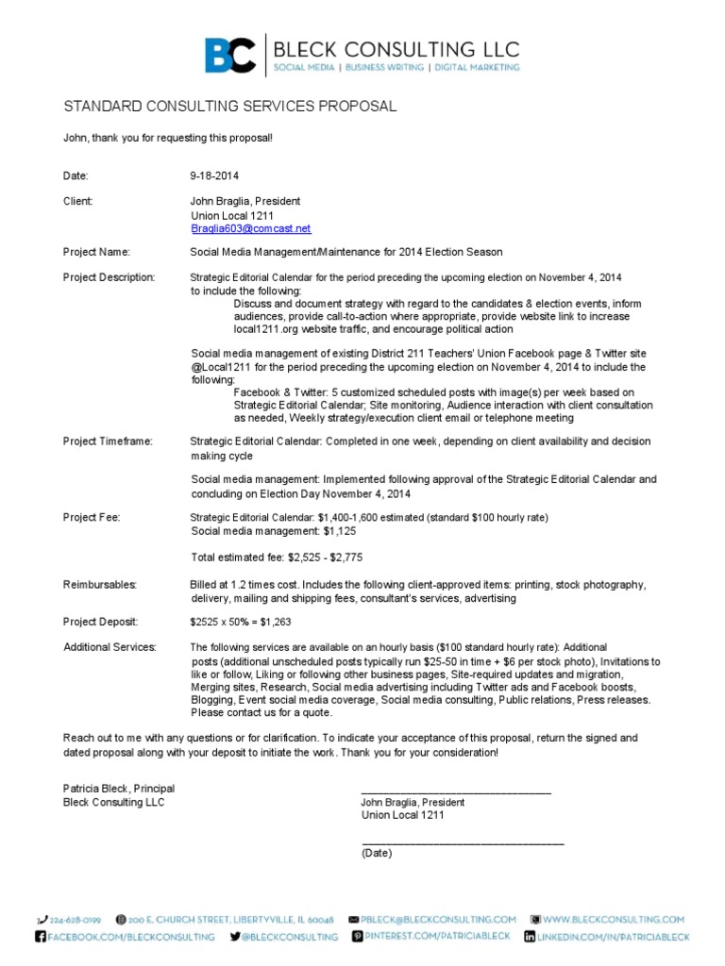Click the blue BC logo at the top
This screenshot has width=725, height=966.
pyautogui.click(x=230, y=54)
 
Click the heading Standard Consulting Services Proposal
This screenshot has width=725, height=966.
pyautogui.click(x=229, y=107)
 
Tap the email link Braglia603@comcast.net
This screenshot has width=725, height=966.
pyautogui.click(x=250, y=229)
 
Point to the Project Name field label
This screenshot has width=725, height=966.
pyautogui.click(x=96, y=252)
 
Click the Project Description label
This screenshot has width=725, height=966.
pyautogui.click(x=109, y=277)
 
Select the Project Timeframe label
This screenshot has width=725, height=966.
pyautogui.click(x=108, y=441)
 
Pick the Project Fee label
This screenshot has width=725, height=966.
pyautogui.click(x=92, y=517)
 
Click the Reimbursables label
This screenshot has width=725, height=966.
pyautogui.click(x=100, y=585)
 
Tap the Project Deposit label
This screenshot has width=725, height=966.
pyautogui.click(x=100, y=622)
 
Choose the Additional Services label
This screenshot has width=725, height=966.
pyautogui.click(x=110, y=647)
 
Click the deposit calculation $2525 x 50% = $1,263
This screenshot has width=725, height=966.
pyautogui.click(x=244, y=622)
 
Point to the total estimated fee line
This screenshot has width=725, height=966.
pyautogui.click(x=276, y=557)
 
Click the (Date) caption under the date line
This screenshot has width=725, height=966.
pyautogui.click(x=376, y=853)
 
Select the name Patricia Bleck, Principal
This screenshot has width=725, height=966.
pyautogui.click(x=119, y=789)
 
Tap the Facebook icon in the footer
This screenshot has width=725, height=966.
pyautogui.click(x=41, y=937)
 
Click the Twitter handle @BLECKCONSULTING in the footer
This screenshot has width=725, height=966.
pyautogui.click(x=291, y=937)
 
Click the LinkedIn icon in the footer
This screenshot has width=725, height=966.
pyautogui.click(x=531, y=937)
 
